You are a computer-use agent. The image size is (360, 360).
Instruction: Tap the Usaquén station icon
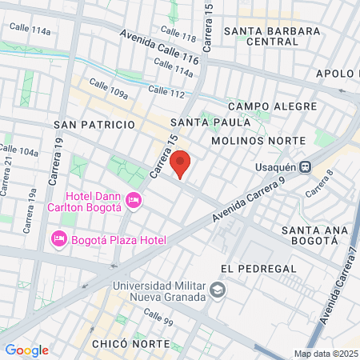click(305, 167)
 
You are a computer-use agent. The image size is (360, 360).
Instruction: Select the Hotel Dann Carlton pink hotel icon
click(134, 199)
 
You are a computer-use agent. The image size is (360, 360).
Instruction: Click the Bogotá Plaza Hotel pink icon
click(58, 238)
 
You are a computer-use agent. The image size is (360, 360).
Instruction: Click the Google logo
click(26, 350)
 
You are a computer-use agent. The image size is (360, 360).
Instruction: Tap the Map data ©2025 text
click(326, 354)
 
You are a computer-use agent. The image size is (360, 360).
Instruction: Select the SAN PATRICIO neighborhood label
click(94, 125)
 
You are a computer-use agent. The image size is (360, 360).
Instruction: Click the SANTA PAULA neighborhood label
click(210, 122)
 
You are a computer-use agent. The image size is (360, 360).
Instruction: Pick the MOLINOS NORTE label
click(258, 141)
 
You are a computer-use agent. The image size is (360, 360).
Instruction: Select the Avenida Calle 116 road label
click(159, 48)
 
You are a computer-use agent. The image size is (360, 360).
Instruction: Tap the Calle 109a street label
click(108, 89)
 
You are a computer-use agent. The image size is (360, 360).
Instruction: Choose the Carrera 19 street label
click(59, 157)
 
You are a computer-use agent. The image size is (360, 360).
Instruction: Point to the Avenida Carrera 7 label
click(336, 284)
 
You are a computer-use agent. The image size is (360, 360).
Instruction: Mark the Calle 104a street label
click(18, 150)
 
